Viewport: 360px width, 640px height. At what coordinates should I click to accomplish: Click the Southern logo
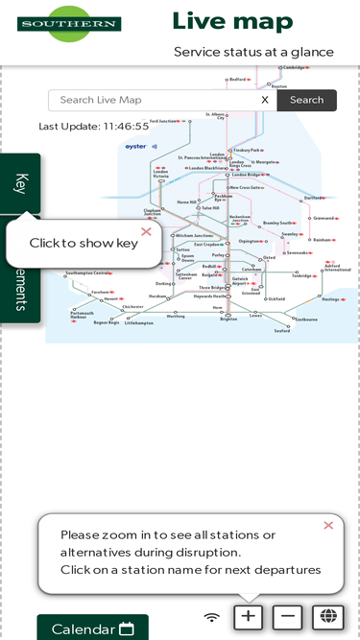[x=69, y=23]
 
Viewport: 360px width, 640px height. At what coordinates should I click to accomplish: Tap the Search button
[x=306, y=100]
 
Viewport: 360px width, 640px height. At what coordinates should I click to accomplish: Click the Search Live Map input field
[x=154, y=100]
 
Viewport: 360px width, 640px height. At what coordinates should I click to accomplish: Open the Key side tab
[x=21, y=183]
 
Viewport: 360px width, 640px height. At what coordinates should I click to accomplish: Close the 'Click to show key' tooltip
[x=146, y=231]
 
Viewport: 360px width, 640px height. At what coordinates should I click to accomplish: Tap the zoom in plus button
[x=249, y=617]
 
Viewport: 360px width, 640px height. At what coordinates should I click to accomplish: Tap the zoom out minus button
[x=288, y=617]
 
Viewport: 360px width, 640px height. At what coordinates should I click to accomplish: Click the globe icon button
[x=327, y=617]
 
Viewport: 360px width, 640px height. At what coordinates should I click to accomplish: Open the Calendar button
[x=92, y=628]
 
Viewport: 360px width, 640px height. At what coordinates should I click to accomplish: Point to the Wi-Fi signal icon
[x=212, y=617]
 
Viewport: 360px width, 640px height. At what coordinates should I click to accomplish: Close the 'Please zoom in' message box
[x=328, y=525]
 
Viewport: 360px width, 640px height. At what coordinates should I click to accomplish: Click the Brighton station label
[x=228, y=319]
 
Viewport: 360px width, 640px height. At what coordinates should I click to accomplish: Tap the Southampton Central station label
[x=88, y=273]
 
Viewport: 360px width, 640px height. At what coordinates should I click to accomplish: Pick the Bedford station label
[x=238, y=80]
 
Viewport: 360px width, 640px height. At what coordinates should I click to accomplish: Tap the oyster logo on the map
[x=135, y=147]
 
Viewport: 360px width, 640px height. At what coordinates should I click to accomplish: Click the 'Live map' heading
[x=232, y=21]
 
